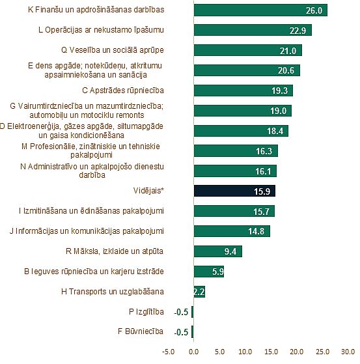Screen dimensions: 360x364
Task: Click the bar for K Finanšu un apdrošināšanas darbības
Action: [x=260, y=10]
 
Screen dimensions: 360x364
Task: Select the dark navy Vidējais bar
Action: [x=234, y=191]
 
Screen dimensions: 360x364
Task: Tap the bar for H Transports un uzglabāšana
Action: [x=199, y=292]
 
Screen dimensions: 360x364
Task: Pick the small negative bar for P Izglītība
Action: [x=193, y=312]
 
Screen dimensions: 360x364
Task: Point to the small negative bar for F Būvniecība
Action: [x=193, y=332]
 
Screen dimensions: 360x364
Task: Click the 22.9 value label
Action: [x=298, y=31]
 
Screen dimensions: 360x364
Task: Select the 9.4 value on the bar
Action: [x=230, y=251]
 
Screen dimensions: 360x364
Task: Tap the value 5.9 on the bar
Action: [x=217, y=272]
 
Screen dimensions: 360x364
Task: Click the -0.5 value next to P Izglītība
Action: [x=181, y=312]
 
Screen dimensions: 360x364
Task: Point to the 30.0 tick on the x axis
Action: [x=348, y=352]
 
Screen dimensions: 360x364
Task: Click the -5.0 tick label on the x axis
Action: [x=168, y=352]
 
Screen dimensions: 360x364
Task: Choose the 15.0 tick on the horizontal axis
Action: [x=271, y=352]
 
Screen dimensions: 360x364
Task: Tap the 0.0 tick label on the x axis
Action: [x=193, y=352]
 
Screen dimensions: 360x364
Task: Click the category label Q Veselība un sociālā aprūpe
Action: [x=113, y=50]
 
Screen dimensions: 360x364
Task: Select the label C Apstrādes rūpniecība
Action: [x=123, y=91]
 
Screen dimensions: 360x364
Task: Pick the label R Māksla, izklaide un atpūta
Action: [x=115, y=251]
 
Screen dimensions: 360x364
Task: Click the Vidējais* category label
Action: [x=148, y=191]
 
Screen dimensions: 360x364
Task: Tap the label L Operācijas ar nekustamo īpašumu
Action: [x=101, y=30]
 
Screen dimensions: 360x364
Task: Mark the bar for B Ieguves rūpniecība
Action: [x=209, y=272]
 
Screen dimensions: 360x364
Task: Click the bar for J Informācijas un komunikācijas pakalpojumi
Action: [x=232, y=231]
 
